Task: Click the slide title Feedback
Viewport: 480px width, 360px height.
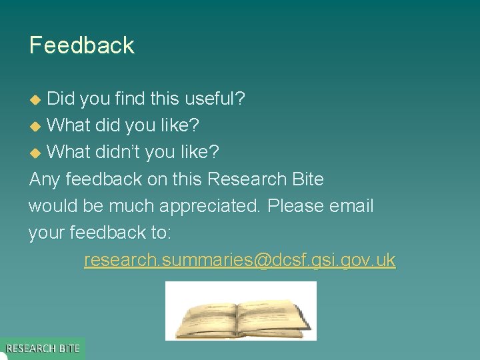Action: [82, 45]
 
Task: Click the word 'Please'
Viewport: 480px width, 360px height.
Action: [295, 206]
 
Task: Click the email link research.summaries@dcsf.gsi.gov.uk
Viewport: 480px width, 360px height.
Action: [240, 260]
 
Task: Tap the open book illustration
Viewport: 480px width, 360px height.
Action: [241, 311]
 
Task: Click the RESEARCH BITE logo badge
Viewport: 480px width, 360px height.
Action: [43, 348]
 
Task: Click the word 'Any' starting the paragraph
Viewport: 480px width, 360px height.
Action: [44, 179]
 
